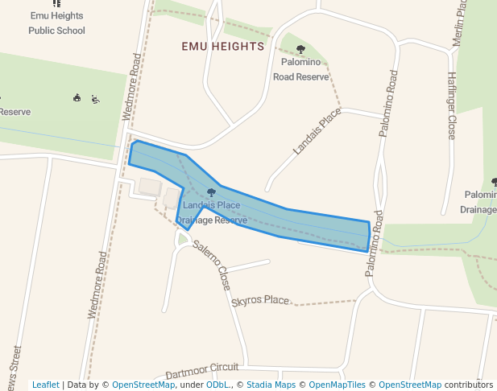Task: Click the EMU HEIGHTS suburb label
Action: click(x=223, y=47)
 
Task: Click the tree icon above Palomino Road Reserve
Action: click(x=301, y=50)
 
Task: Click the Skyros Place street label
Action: click(x=259, y=301)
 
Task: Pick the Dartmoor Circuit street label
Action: click(x=202, y=371)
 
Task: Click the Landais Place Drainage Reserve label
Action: click(x=211, y=212)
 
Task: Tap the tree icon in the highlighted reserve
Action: click(x=211, y=192)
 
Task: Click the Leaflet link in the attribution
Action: click(x=46, y=385)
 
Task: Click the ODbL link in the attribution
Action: click(x=217, y=385)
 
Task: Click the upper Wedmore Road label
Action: click(x=130, y=87)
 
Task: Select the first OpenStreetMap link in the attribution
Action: click(x=143, y=385)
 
